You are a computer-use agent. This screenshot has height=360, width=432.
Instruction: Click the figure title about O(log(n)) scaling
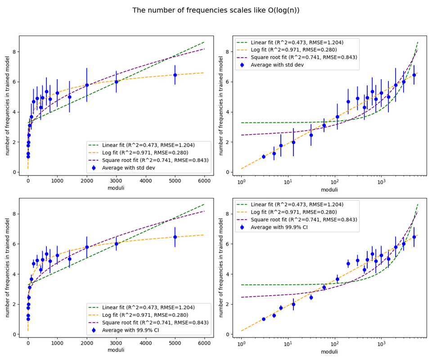click(216, 10)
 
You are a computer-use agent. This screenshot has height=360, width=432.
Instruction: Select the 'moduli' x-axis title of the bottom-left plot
click(116, 350)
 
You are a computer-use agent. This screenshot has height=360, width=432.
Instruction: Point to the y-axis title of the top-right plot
click(221, 106)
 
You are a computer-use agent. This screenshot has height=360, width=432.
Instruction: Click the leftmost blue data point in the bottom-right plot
click(264, 319)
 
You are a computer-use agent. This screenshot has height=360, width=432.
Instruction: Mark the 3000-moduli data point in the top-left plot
click(116, 82)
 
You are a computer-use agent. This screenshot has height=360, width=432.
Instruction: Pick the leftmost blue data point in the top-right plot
click(264, 157)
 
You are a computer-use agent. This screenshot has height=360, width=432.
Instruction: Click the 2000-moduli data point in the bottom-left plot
click(87, 247)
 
